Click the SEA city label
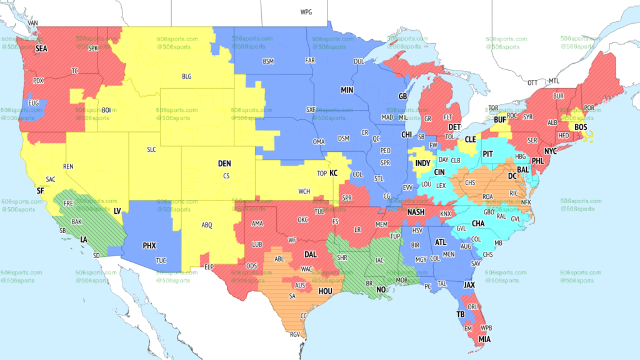[41, 48]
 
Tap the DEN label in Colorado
[224, 164]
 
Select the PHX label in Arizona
[149, 246]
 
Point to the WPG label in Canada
[306, 12]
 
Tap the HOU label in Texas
[325, 291]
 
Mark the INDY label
[422, 164]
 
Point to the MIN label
[347, 90]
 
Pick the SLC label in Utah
[152, 150]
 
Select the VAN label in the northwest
[33, 23]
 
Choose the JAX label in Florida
[470, 284]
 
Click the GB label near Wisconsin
[402, 96]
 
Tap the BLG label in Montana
[187, 76]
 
